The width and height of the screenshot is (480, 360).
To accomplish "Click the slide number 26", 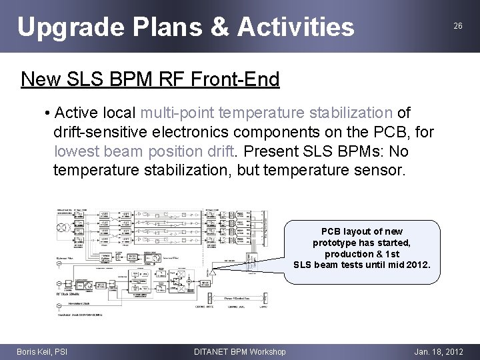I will click(457, 26).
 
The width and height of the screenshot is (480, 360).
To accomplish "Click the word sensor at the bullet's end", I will click(379, 170).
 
